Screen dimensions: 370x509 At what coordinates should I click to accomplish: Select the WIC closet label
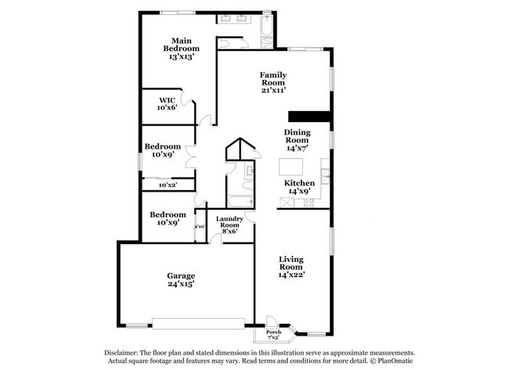pos(167,100)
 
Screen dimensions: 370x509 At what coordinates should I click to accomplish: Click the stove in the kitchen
pos(308,203)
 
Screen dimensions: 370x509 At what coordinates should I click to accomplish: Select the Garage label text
pos(181,275)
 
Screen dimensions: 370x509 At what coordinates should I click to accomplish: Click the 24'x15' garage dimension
pos(181,285)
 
